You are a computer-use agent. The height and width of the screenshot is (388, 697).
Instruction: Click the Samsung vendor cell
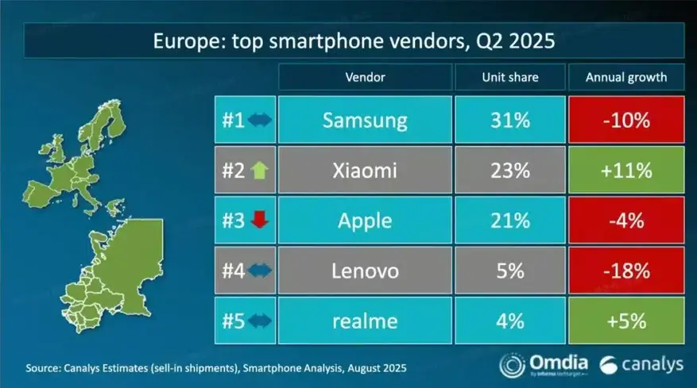(x=365, y=121)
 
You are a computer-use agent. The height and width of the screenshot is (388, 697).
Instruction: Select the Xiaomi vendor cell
(x=365, y=171)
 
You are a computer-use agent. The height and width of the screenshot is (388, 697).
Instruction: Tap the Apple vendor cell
(x=365, y=221)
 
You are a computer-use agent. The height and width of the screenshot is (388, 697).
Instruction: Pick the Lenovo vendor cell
(x=365, y=271)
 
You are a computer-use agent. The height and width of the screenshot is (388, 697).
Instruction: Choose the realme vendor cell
(x=365, y=321)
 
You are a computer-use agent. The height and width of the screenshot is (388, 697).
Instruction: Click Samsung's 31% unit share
(x=509, y=121)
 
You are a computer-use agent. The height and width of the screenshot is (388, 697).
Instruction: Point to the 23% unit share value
(x=509, y=171)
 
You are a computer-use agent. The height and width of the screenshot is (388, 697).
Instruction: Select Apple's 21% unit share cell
(x=509, y=221)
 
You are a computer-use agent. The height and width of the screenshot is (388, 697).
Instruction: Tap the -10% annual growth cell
(x=625, y=121)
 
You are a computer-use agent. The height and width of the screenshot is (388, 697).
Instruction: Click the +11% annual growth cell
(x=625, y=171)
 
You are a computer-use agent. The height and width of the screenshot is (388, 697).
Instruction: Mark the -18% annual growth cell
(x=625, y=271)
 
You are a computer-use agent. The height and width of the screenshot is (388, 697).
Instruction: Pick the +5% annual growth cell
(x=625, y=321)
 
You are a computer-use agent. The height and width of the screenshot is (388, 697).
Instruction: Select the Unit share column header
(x=509, y=78)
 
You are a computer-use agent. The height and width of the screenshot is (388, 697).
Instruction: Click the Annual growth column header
(x=625, y=78)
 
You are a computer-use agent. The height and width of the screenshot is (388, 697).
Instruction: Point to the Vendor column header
(x=365, y=78)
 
